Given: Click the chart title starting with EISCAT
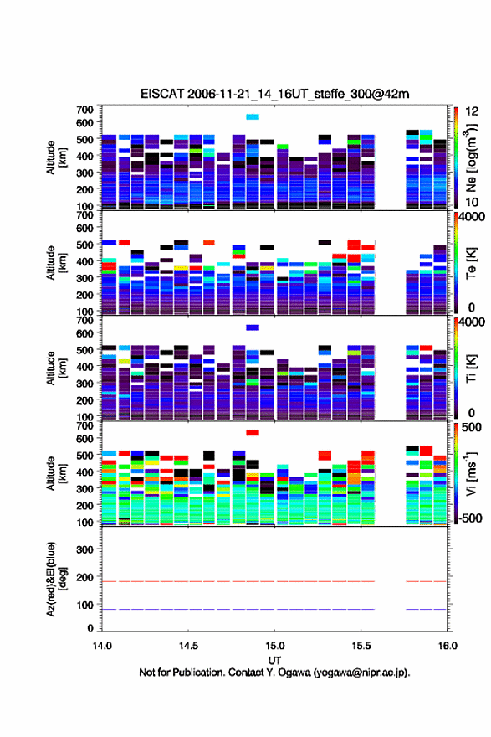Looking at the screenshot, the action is coord(274,94).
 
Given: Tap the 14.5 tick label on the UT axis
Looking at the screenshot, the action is coord(188,646).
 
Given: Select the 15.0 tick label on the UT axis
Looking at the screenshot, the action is coord(274,646).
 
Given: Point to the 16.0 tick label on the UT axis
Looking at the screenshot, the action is coord(448,646).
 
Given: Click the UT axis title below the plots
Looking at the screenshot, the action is coord(274,660).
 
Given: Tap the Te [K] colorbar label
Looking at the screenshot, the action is coord(471,263).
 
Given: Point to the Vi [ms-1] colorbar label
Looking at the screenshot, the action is coord(471,473).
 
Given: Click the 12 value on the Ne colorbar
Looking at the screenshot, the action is coord(472,111).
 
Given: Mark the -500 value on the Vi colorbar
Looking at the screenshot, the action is coord(468,518).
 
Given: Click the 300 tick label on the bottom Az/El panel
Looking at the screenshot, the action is coord(84,549).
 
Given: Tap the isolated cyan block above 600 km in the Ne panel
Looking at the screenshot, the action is coord(253,117).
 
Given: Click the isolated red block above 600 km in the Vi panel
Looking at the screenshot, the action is coord(253,433).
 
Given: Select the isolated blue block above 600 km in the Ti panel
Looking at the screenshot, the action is coord(253,327).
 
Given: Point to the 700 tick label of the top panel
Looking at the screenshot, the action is coord(84,110).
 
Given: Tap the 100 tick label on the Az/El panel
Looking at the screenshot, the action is coord(84,605).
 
